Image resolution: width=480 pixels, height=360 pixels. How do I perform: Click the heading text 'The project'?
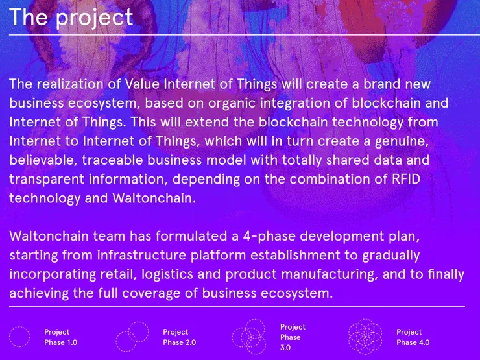pos(71,18)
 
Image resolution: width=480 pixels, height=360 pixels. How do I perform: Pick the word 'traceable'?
pos(113,160)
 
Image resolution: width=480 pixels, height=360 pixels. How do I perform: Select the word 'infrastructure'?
pos(141,255)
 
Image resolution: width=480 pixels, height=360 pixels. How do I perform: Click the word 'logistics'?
pos(167,274)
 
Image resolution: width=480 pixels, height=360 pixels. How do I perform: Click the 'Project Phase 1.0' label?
pos(60,337)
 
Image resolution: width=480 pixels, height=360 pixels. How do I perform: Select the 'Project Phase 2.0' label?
pos(180,337)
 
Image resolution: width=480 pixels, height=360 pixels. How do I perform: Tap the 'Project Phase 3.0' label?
pos(293,337)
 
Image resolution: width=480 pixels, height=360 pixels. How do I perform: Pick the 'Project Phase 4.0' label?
pos(413,337)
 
